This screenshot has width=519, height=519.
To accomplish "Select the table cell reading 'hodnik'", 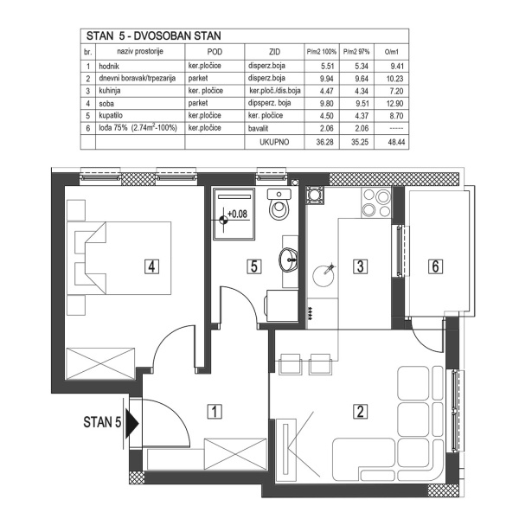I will click(109, 65).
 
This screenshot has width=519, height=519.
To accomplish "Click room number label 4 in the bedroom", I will click(151, 266).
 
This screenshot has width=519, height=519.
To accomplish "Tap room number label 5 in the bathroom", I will click(253, 266).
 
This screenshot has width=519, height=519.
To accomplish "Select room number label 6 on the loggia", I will click(435, 266).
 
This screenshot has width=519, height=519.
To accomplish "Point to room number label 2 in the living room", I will click(358, 411).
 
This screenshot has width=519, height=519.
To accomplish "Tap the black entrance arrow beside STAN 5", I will click(131, 424).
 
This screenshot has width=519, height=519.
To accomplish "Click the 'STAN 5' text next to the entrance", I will click(101, 423).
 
